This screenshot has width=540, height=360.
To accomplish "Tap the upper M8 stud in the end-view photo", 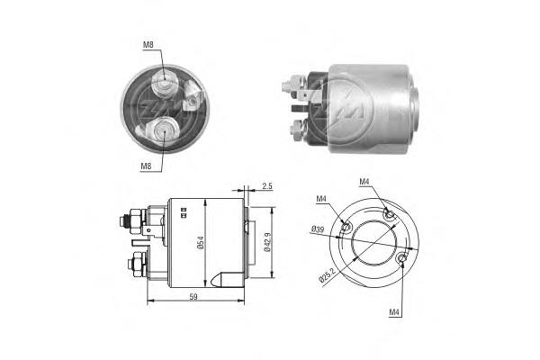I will point(165,83).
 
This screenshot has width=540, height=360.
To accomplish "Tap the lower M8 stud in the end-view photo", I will point(163,132).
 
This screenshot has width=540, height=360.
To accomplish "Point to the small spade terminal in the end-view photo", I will point(191,105).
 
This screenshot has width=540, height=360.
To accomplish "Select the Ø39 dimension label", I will point(318,230).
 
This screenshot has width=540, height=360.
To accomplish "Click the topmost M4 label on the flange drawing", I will point(364,183).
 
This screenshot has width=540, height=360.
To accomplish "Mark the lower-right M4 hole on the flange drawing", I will point(401,260).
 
